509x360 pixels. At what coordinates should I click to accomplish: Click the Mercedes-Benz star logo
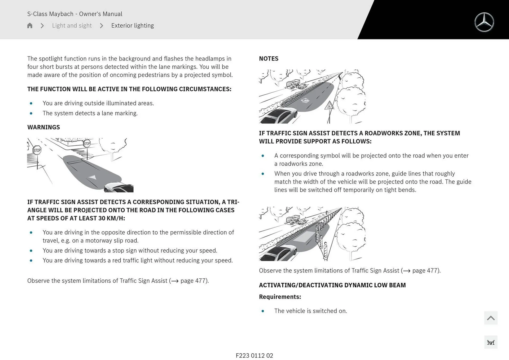point(484,22)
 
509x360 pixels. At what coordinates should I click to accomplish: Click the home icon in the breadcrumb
point(30,25)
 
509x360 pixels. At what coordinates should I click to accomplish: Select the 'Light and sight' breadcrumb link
point(72,25)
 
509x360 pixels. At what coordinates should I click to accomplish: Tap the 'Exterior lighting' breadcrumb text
point(132,25)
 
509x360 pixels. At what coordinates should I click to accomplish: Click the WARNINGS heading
point(43,127)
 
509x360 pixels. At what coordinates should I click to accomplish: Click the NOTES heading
point(269,59)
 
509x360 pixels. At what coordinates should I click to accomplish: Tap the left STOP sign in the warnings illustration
point(37,150)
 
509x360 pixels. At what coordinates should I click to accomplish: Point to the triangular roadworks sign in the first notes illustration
point(330,106)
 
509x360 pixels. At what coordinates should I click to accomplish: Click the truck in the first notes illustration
point(293,84)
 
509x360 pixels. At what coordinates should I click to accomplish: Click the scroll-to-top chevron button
point(490,318)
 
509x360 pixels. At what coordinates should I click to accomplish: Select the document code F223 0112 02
point(254,355)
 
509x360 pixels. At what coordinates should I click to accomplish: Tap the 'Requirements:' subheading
point(280,297)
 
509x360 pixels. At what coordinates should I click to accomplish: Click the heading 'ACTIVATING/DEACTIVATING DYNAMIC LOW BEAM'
point(332,285)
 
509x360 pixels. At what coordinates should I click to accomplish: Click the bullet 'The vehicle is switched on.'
point(310,311)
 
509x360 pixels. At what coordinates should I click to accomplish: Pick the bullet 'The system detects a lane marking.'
point(90,113)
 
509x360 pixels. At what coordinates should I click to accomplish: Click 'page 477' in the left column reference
point(194,281)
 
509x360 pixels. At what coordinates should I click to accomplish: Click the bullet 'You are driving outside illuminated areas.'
point(98,103)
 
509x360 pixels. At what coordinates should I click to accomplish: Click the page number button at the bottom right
point(490,343)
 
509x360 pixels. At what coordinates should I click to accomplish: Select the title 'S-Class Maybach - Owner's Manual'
point(75,14)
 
